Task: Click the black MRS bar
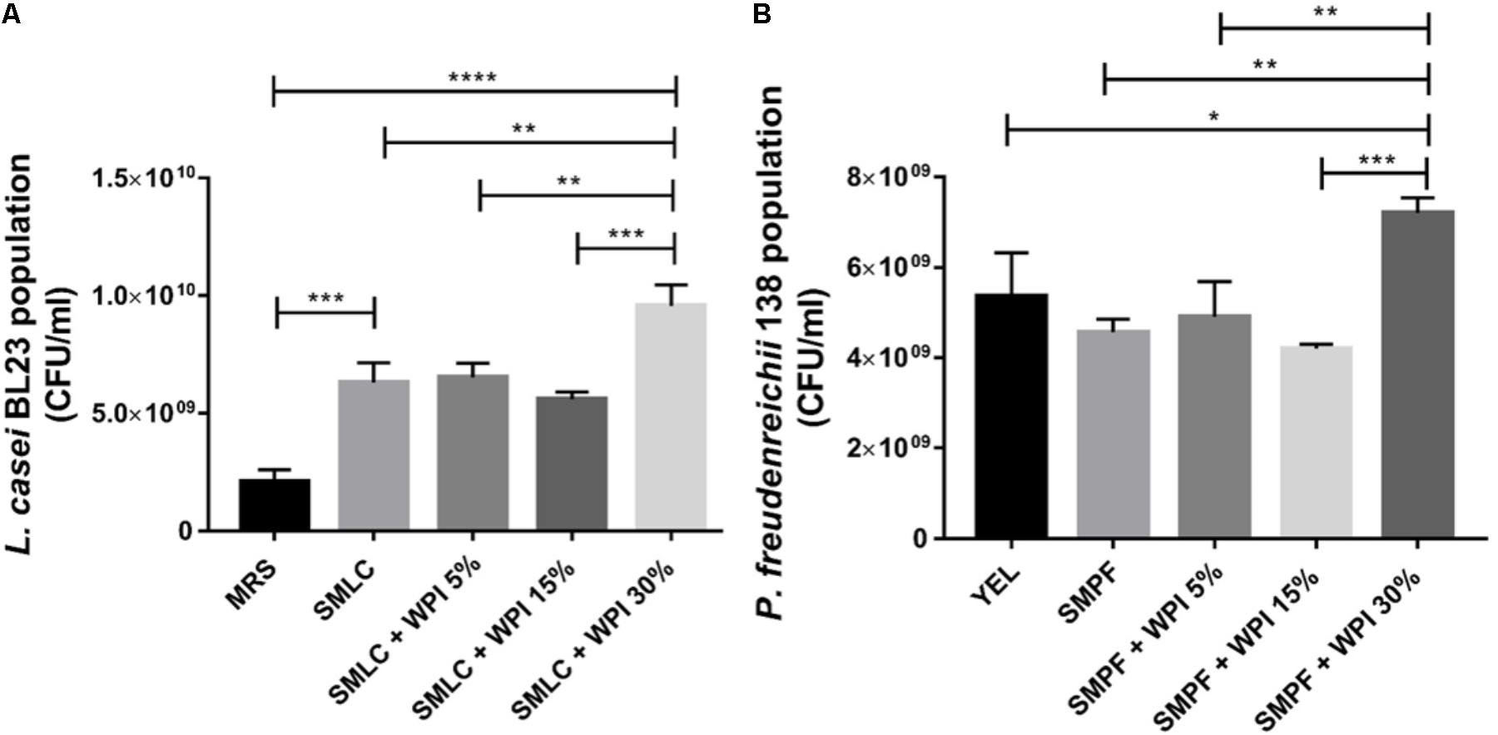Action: coord(275,504)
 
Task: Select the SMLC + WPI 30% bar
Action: coord(671,416)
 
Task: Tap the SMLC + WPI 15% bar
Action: coord(572,463)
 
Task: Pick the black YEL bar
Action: coord(1011,416)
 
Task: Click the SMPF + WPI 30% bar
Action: coord(1417,375)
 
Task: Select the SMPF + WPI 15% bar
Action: coord(1316,441)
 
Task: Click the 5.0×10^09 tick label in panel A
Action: coord(149,413)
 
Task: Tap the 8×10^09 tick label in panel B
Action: coord(887,177)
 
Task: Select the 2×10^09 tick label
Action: coord(887,449)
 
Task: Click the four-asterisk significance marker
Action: coord(472,78)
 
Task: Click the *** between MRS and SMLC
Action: coord(325,298)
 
